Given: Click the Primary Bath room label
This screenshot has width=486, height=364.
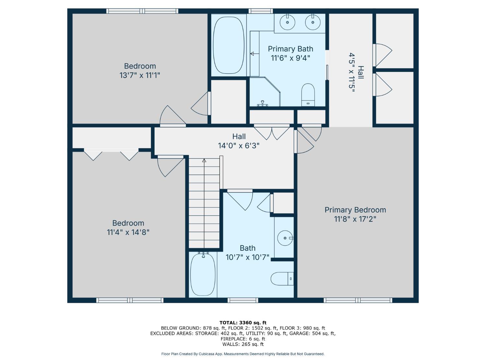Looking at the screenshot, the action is [291, 49].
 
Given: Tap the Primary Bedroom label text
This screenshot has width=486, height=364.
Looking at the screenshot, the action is [355, 210].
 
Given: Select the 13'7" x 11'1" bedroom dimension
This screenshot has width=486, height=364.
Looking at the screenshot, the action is [140, 75].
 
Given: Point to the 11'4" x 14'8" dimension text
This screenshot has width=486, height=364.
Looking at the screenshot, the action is [128, 232].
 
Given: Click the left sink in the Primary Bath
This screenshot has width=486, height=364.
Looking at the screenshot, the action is [287, 22].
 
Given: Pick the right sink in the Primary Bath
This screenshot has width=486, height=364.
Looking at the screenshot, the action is [313, 22].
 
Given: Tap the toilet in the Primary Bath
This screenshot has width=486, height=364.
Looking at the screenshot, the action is [308, 94].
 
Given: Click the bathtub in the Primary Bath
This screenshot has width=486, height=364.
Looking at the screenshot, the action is [228, 45].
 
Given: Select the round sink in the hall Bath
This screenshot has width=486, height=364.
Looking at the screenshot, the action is [285, 238].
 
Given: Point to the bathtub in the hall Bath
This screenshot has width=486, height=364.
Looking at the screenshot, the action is [203, 274].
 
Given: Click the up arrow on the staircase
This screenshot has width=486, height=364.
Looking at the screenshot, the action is [204, 160].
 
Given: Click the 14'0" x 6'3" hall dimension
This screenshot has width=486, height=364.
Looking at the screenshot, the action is [239, 146].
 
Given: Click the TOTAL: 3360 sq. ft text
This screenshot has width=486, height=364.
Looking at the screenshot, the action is [243, 323].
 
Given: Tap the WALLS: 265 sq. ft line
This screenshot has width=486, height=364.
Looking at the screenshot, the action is [243, 344].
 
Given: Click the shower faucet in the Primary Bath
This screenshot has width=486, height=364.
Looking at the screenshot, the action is [262, 103].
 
